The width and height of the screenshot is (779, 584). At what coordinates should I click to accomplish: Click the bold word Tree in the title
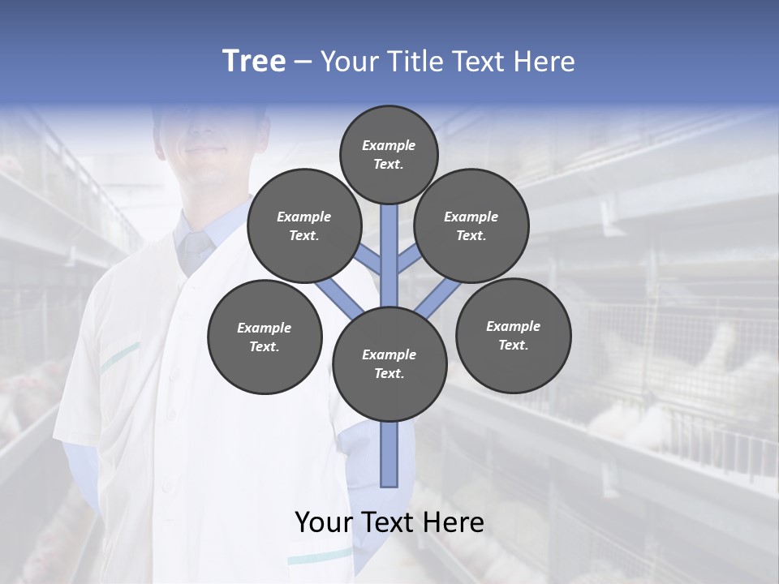[254, 62]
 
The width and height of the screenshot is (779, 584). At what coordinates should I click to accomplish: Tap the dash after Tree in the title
[303, 62]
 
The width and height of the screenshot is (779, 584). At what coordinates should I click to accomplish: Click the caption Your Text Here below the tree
[389, 522]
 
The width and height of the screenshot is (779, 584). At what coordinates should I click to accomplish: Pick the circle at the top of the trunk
[389, 154]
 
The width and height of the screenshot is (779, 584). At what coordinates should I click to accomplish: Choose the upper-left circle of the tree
[303, 226]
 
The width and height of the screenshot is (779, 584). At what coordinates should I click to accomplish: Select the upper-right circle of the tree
[471, 226]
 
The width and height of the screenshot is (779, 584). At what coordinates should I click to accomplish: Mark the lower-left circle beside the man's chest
[265, 337]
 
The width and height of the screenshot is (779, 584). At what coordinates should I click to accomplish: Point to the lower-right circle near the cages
[514, 335]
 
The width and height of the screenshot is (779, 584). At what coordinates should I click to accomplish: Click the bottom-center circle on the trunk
[389, 364]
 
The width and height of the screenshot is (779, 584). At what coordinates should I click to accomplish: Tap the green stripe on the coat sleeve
[120, 353]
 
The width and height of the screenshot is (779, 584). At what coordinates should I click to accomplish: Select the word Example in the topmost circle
[389, 145]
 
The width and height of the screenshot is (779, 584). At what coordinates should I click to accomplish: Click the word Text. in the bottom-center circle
[389, 373]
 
